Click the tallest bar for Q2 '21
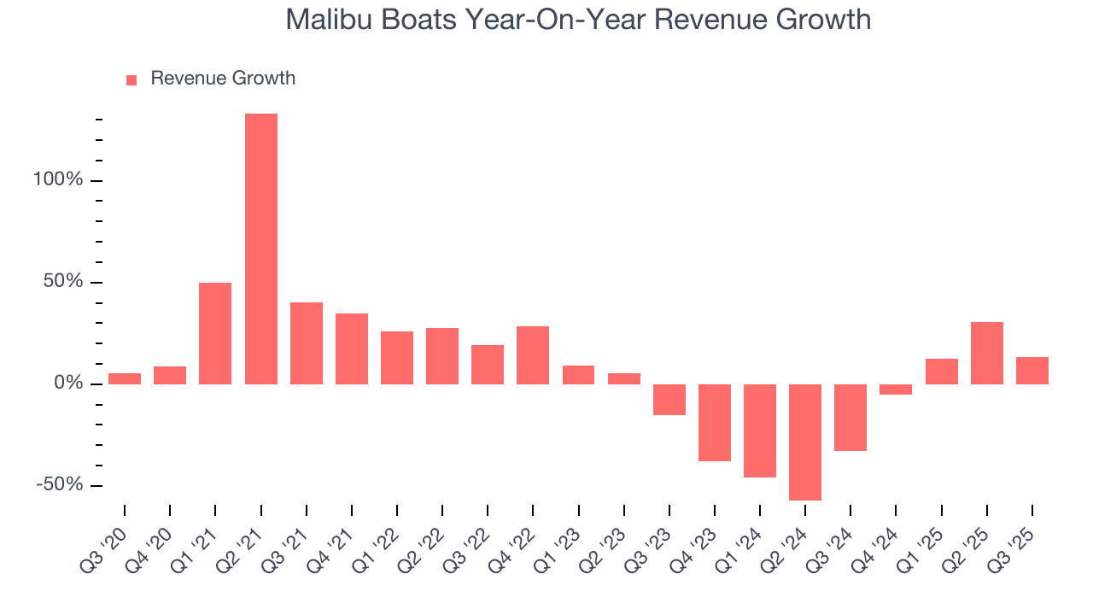(x=260, y=249)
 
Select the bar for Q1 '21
(x=215, y=333)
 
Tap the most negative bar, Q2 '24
(x=805, y=442)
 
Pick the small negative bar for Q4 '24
(x=896, y=389)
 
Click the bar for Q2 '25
(x=986, y=353)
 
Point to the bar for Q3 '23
(x=669, y=400)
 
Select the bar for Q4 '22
(x=533, y=355)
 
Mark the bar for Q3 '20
(x=125, y=378)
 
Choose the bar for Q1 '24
(x=760, y=430)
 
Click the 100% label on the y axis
(x=59, y=180)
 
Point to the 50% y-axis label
(x=63, y=282)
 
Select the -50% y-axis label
(x=60, y=485)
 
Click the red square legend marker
(x=132, y=79)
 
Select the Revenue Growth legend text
(x=223, y=79)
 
